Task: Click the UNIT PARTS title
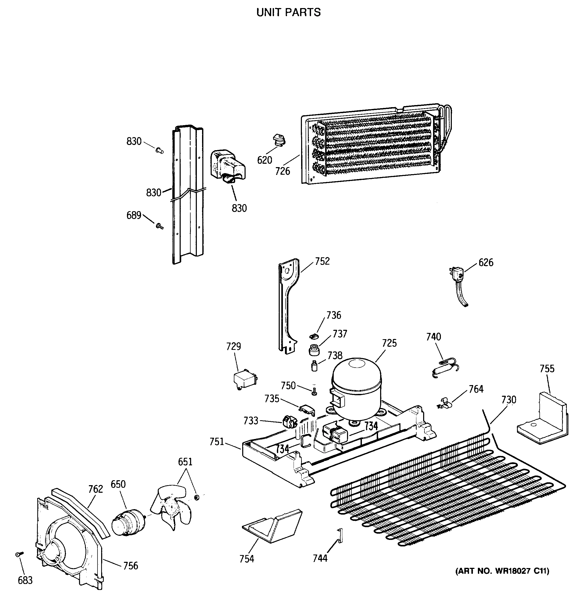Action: click(288, 13)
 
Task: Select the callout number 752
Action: click(322, 261)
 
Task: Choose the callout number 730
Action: click(508, 400)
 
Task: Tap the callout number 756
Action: click(131, 566)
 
